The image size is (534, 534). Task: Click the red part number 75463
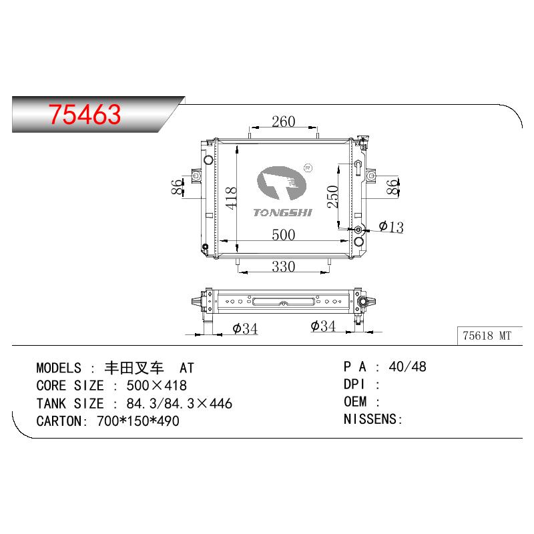[85, 114]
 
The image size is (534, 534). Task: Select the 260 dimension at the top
[283, 121]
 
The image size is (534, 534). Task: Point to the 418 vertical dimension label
[231, 198]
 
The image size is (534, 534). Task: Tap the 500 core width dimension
[283, 235]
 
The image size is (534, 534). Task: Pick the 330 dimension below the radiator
[283, 266]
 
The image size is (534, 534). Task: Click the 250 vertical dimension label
[332, 196]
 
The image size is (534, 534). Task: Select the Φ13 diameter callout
[391, 227]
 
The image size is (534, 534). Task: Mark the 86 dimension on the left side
[177, 187]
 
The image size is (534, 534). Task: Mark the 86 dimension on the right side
[392, 187]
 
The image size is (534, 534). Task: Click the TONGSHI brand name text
[282, 213]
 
